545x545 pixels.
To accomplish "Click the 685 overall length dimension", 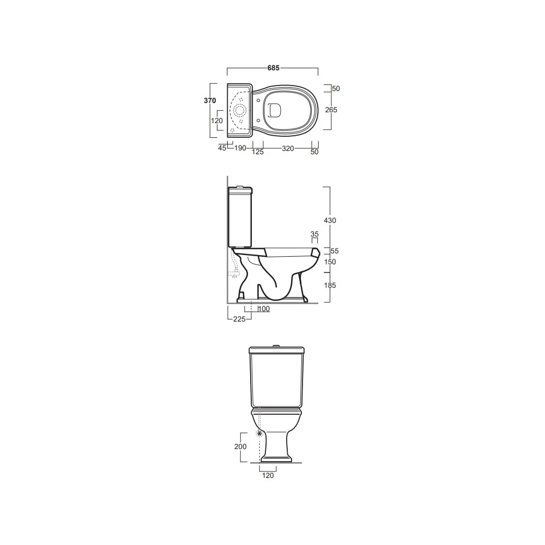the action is pos(273,68).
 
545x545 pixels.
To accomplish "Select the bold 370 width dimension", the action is pos(210,100).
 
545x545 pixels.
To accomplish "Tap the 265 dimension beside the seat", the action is pos(331,110).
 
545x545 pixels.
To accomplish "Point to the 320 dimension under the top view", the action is pos(288,148).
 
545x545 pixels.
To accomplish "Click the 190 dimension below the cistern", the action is pos(240,148).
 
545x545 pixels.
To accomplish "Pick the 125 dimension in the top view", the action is pos(258,152).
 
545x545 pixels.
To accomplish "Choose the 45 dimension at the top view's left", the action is pos(222,148).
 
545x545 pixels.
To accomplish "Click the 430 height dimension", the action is pos(330,220).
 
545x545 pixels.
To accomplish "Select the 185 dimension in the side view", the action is pos(330,286).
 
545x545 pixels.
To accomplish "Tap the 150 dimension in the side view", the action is pos(330,262).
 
